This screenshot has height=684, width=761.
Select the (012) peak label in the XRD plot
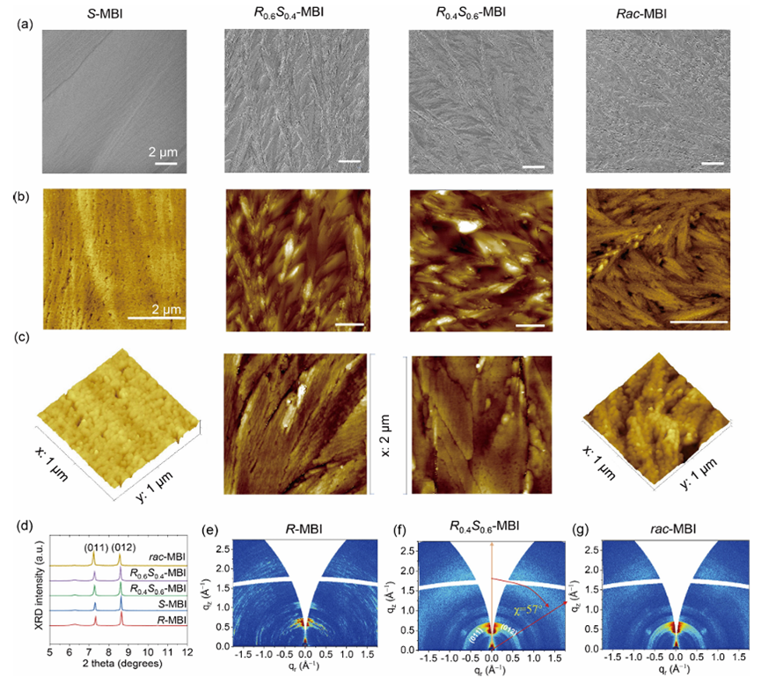tap(123, 547)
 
